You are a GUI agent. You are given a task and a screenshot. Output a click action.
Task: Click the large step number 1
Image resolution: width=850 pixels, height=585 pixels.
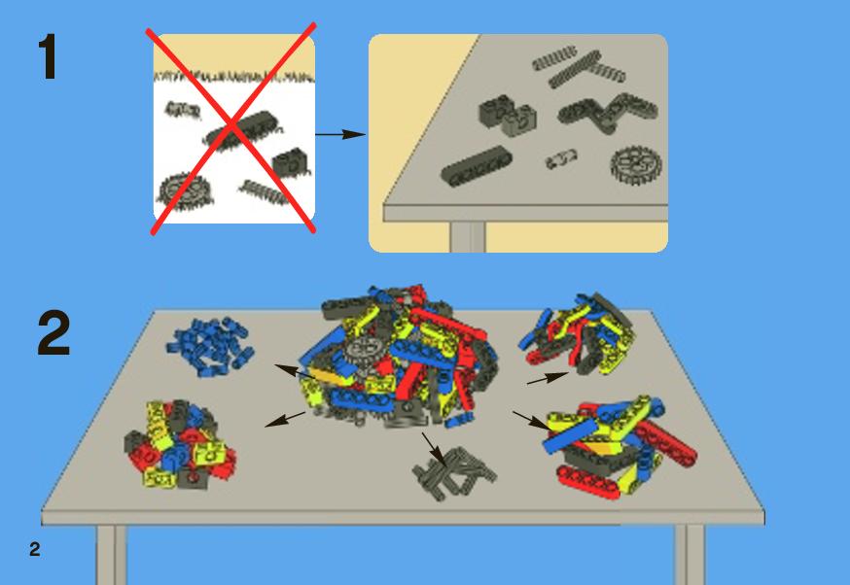[49, 57]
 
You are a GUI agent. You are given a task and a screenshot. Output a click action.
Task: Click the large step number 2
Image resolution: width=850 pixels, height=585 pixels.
[53, 332]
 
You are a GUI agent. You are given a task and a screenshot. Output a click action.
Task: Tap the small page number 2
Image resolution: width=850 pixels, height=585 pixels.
[35, 549]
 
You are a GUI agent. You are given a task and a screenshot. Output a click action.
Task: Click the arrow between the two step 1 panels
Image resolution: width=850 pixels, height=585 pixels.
[340, 134]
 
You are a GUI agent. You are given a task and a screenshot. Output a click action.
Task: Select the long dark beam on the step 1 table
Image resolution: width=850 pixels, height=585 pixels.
[477, 165]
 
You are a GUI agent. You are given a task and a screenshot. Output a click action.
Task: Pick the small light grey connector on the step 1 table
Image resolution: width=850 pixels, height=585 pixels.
[560, 159]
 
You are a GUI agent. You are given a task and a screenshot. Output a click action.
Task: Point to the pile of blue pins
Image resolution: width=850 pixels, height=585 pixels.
[210, 347]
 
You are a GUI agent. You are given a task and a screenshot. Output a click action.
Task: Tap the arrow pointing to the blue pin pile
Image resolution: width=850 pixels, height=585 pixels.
[295, 371]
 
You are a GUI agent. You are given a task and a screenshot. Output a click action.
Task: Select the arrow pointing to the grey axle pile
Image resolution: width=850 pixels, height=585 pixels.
[435, 450]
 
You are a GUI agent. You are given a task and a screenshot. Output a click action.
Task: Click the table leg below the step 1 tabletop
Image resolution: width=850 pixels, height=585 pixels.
[467, 237]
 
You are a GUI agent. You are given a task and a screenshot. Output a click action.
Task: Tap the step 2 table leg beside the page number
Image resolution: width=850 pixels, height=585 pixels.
[112, 555]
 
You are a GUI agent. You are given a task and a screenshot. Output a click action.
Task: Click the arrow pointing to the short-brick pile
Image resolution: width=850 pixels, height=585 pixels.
[285, 419]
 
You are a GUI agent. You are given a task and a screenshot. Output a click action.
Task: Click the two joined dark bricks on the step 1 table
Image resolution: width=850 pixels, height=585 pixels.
[508, 116]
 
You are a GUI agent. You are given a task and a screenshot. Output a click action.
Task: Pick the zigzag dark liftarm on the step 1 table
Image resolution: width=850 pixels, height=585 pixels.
[608, 112]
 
